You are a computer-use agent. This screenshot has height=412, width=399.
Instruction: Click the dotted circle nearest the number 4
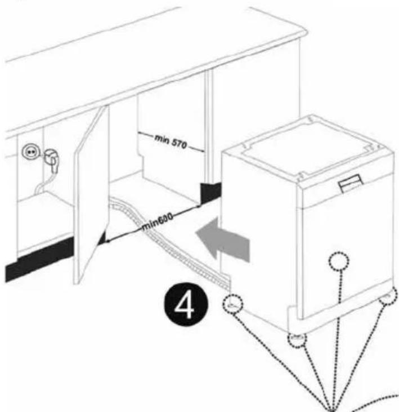coord(234,305)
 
